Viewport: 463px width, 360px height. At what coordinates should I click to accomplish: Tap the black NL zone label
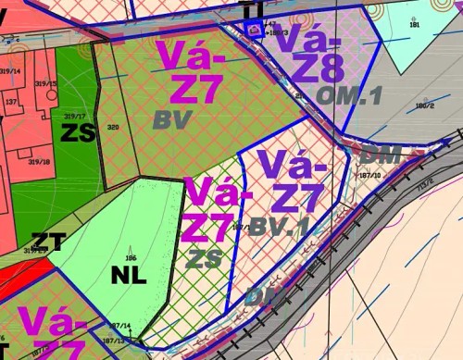click(129, 276)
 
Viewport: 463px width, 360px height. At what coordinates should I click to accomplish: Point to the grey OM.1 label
click(350, 95)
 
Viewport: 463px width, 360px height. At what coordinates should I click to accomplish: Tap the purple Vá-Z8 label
click(311, 54)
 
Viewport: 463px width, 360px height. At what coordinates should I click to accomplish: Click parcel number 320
click(113, 127)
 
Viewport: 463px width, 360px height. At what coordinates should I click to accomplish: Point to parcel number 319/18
click(38, 161)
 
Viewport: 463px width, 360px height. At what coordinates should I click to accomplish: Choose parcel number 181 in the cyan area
click(414, 24)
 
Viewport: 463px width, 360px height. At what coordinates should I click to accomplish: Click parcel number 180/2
click(425, 106)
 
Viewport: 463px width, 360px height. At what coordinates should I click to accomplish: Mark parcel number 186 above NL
click(131, 257)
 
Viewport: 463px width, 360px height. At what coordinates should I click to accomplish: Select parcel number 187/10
click(369, 174)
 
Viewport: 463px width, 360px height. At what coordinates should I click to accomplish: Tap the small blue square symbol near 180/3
click(254, 31)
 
